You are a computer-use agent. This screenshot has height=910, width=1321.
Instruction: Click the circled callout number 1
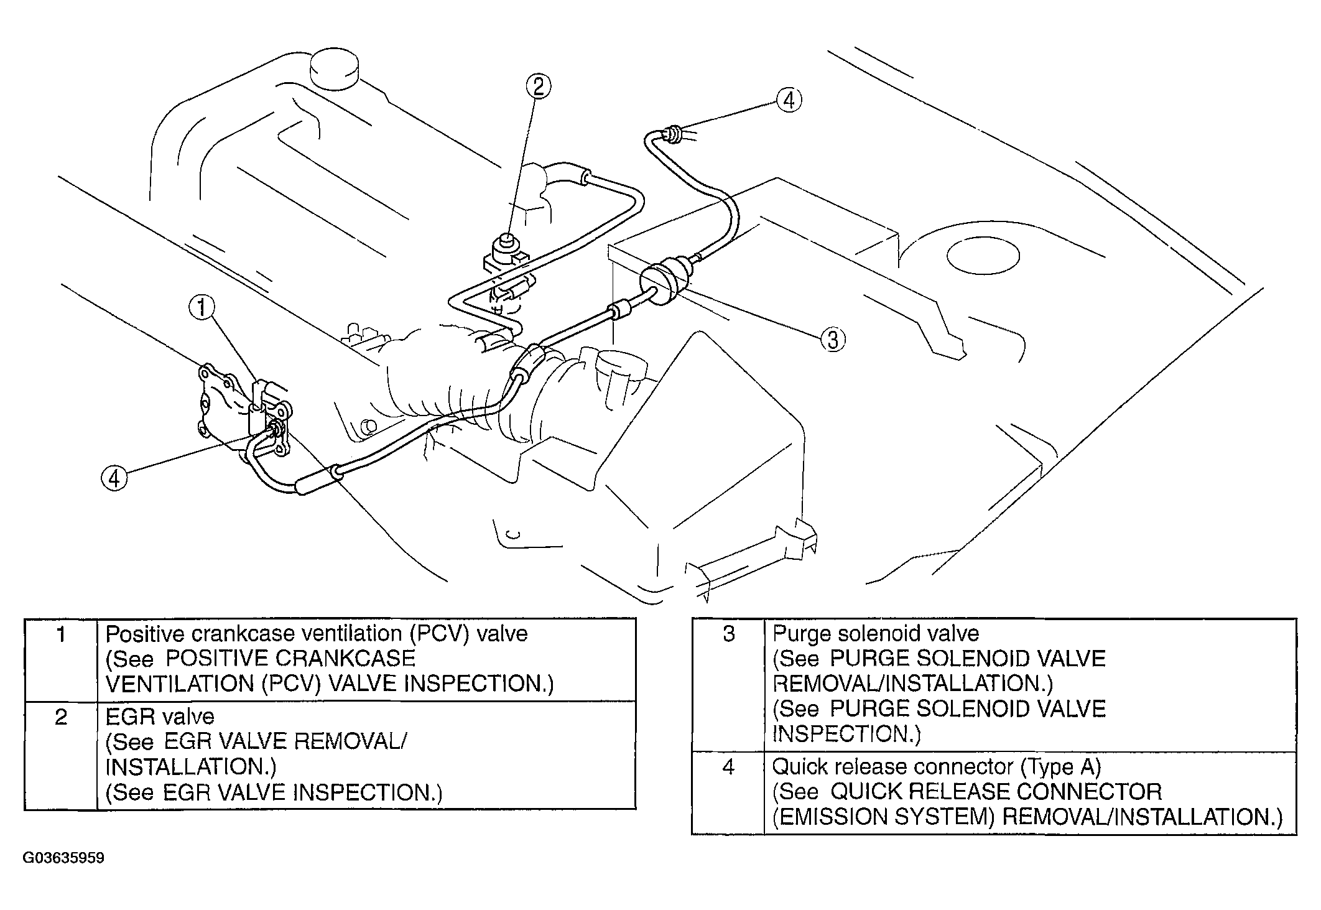(x=202, y=307)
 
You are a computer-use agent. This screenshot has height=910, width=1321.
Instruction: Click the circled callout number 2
(x=539, y=85)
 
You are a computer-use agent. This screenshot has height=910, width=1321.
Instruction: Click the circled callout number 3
(x=833, y=340)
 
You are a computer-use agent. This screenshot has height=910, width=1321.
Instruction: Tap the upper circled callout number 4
(x=789, y=100)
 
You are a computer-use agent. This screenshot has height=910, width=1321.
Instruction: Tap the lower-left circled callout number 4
(x=114, y=478)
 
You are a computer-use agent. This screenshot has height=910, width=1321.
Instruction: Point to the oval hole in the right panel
(x=983, y=255)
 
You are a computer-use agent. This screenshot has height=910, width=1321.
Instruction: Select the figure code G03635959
(x=64, y=858)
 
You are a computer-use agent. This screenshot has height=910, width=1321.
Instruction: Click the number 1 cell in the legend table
(x=61, y=659)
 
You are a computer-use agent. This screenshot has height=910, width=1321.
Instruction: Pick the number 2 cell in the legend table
(x=61, y=755)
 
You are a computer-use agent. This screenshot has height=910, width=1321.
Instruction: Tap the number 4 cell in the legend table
(x=728, y=792)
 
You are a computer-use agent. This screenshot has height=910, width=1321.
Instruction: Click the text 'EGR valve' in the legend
(x=160, y=717)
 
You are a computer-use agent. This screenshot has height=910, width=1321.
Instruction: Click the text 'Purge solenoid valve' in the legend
(x=876, y=634)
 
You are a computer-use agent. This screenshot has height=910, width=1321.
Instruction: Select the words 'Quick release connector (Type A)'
(x=937, y=767)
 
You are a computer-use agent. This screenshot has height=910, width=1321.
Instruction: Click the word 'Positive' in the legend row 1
(x=145, y=634)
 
